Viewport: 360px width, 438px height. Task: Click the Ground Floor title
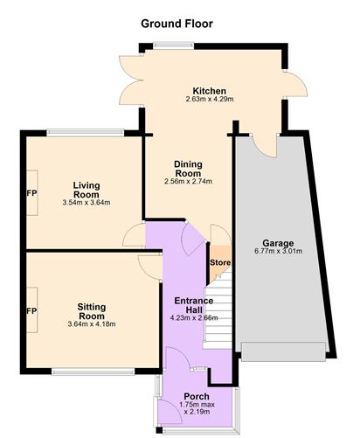pos(177,24)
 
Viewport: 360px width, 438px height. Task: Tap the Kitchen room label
pos(210,91)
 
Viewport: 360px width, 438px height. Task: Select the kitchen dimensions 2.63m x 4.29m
pos(210,99)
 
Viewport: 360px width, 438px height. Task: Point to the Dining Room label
pos(188,169)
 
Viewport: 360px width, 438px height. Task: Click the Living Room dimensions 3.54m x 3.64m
pos(87,203)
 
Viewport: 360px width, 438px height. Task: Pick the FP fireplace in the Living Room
pos(32,193)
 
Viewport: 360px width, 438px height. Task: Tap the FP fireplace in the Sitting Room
pos(32,311)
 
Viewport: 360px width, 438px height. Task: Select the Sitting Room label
pos(92,311)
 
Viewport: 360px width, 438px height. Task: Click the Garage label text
pos(278,243)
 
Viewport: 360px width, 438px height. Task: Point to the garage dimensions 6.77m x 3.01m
pos(279,251)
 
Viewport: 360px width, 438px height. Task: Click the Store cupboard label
pos(220,262)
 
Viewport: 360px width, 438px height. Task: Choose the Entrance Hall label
pos(194,305)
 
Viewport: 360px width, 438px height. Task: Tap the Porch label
pos(197,396)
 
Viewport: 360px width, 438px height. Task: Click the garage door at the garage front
pos(283,352)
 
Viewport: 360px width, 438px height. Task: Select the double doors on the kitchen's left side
pos(131,80)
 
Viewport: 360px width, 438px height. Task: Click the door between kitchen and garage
pos(264,146)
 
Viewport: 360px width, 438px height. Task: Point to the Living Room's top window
pos(86,133)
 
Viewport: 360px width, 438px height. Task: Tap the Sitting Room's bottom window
pos(93,372)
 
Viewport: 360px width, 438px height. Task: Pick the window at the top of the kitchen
pos(173,45)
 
